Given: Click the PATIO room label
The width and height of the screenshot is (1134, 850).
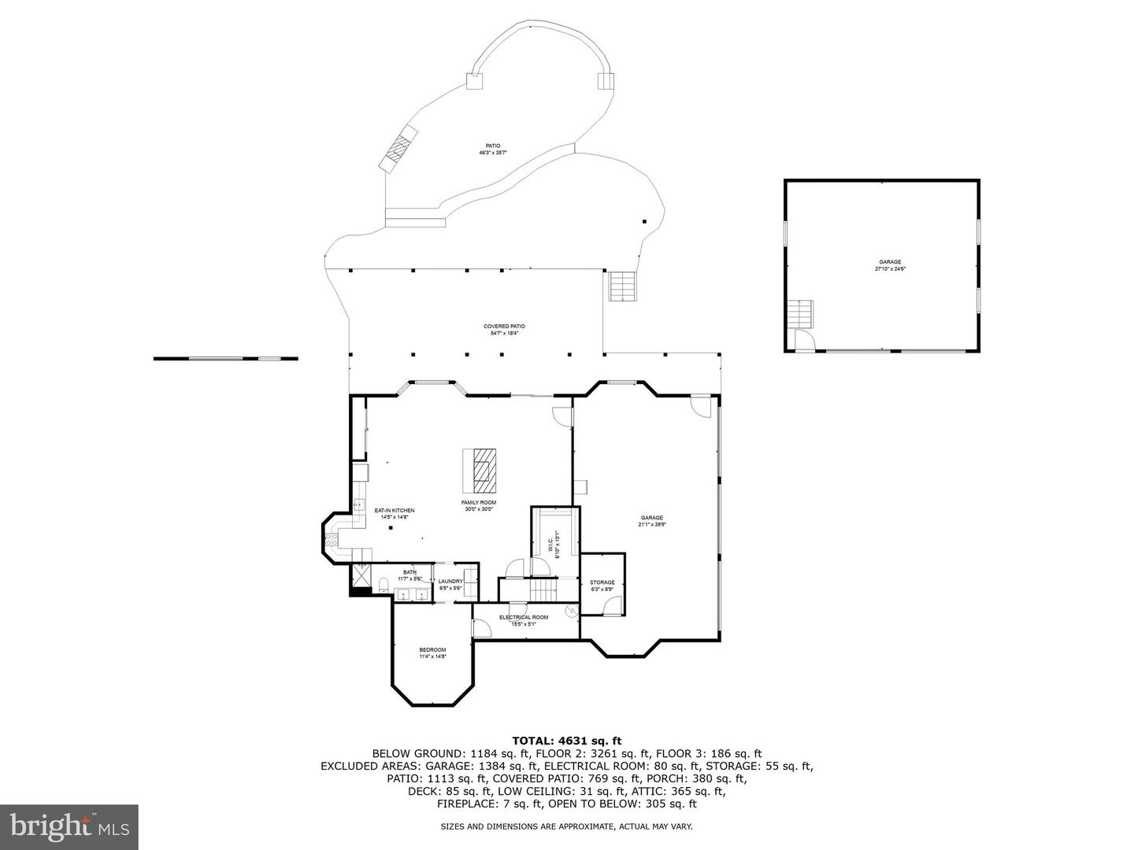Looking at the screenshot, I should coord(493,146).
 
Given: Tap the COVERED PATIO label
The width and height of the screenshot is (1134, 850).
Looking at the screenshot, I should coord(504,326).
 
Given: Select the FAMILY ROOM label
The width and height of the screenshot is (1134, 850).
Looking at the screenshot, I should coord(479,502).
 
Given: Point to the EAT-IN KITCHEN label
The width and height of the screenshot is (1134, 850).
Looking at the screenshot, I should coord(394,510).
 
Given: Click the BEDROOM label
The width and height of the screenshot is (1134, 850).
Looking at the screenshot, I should coord(432,649).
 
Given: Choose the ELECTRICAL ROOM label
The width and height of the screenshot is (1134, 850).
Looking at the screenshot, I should coord(524,617).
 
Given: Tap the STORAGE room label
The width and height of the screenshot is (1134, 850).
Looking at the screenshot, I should coord(602,582).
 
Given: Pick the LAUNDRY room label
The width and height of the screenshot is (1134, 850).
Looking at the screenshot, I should coord(451,581).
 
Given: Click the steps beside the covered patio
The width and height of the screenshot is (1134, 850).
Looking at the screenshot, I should coord(621,286).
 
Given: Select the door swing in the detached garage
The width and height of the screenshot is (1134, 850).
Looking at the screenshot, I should coord(804,339).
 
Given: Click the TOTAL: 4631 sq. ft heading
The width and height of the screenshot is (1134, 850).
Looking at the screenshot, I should coord(567,740).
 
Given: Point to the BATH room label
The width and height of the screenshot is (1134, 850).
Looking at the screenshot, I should coord(409,572).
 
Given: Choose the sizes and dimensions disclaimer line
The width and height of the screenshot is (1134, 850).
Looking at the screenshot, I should coord(566,826).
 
